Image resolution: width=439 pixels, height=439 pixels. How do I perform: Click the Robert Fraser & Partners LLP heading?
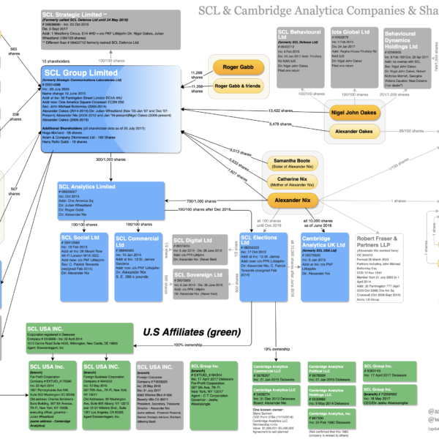[x=379, y=242]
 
